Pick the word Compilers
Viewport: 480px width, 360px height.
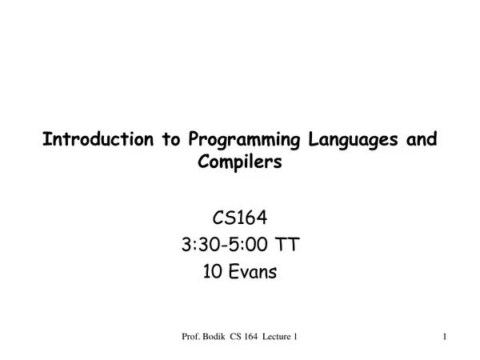240,163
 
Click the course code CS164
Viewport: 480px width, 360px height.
240,217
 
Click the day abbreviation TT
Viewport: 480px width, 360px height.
288,245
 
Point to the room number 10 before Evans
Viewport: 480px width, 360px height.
212,272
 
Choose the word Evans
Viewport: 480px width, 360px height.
252,272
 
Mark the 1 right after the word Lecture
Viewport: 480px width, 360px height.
296,339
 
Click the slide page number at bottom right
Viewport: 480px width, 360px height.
443,339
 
